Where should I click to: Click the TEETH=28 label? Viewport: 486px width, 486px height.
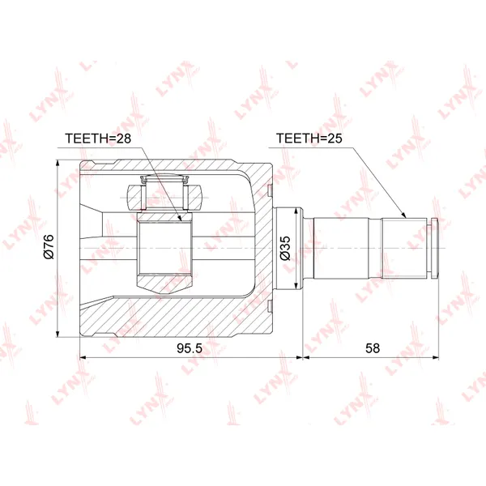(x=98, y=139)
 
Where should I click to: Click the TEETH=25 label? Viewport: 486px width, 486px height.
(x=309, y=139)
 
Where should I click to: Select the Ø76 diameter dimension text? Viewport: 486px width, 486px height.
(x=49, y=247)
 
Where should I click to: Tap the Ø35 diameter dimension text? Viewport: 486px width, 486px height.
(x=285, y=248)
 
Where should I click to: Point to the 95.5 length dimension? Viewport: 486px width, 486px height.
(x=190, y=348)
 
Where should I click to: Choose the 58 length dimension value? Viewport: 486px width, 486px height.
(x=373, y=348)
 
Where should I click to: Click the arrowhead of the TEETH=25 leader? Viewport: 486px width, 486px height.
(x=404, y=215)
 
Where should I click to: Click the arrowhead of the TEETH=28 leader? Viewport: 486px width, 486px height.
(x=180, y=219)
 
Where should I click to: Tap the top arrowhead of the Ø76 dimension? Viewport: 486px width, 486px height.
(x=58, y=164)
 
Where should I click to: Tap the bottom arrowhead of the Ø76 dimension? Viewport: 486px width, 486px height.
(x=58, y=334)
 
